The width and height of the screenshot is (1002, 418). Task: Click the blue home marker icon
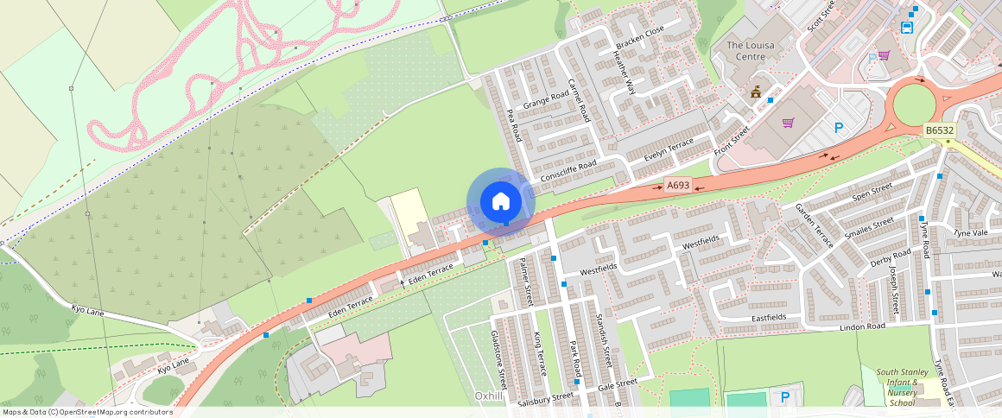pyautogui.click(x=500, y=202)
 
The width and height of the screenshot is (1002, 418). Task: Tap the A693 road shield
pyautogui.click(x=678, y=185)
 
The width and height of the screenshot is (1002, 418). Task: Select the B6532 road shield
pyautogui.click(x=939, y=131)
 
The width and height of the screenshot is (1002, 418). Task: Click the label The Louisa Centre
pyautogui.click(x=746, y=51)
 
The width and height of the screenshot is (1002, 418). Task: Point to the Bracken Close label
pyautogui.click(x=639, y=41)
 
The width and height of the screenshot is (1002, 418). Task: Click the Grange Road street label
pyautogui.click(x=546, y=101)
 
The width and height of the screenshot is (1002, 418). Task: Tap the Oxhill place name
pyautogui.click(x=489, y=396)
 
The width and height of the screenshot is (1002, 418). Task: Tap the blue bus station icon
pyautogui.click(x=907, y=27)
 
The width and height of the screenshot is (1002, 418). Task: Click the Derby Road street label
pyautogui.click(x=890, y=259)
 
